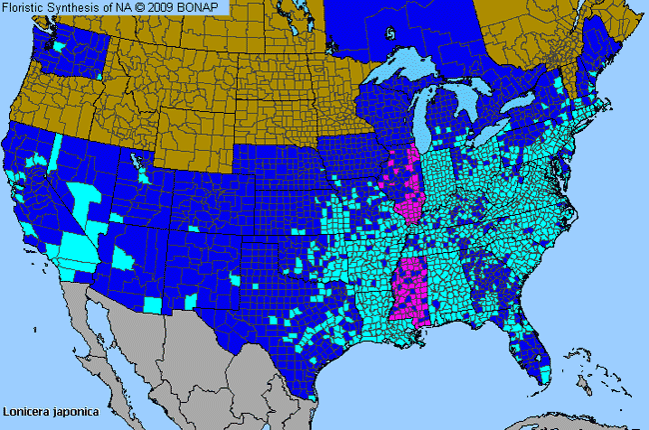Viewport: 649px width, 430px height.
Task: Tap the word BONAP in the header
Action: click(x=205, y=8)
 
